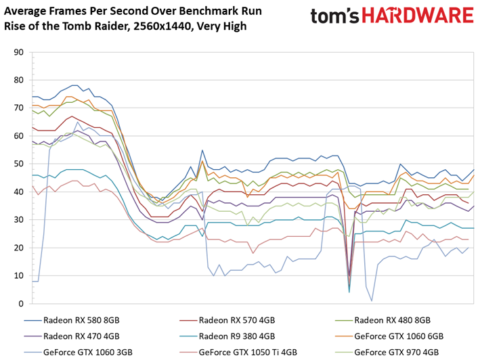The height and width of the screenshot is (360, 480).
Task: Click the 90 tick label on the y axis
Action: tap(19, 52)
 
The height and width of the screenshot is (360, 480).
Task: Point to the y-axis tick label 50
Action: tap(19, 164)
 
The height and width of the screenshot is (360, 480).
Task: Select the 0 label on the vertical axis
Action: tap(21, 304)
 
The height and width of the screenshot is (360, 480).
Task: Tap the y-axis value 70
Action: tap(19, 108)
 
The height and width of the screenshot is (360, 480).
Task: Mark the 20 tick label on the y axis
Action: tap(19, 248)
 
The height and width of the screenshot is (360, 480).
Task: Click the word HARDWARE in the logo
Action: tap(418, 16)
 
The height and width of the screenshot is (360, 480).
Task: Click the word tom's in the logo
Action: tap(335, 16)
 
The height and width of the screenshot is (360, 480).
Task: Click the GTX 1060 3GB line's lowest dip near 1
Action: tap(372, 301)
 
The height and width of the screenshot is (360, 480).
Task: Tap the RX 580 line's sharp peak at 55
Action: tap(202, 150)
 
